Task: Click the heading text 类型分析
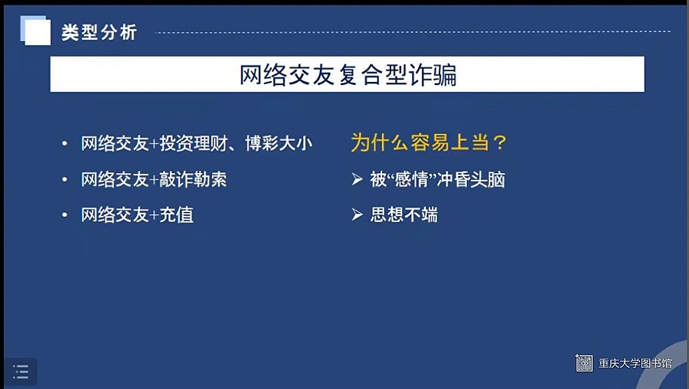click(x=100, y=32)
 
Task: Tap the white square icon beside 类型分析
click(x=35, y=31)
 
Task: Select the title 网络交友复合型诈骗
click(x=348, y=74)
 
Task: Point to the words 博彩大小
click(x=279, y=143)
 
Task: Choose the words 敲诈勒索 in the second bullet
click(x=193, y=179)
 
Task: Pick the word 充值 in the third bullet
click(x=176, y=215)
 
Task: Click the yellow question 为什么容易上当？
click(x=429, y=142)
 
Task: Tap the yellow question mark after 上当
click(x=500, y=142)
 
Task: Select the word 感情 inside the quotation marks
click(x=412, y=179)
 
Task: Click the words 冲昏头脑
click(x=471, y=179)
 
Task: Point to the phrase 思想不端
click(x=404, y=215)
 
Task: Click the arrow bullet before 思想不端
click(x=357, y=215)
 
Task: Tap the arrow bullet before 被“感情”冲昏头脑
click(x=357, y=179)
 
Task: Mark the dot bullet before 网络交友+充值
click(x=64, y=215)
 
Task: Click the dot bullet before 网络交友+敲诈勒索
click(x=64, y=179)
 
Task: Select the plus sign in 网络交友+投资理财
click(x=154, y=144)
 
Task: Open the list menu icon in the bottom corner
click(x=21, y=372)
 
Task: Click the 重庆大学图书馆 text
click(x=635, y=364)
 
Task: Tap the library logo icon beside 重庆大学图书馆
click(x=584, y=363)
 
